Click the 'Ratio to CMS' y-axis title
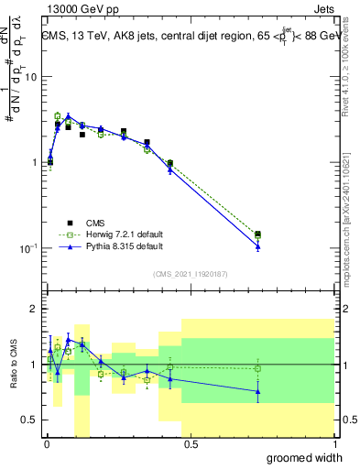[x=14, y=365]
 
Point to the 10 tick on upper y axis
[x=30, y=77]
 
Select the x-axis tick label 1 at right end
[x=334, y=444]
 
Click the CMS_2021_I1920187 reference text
[x=190, y=274]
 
